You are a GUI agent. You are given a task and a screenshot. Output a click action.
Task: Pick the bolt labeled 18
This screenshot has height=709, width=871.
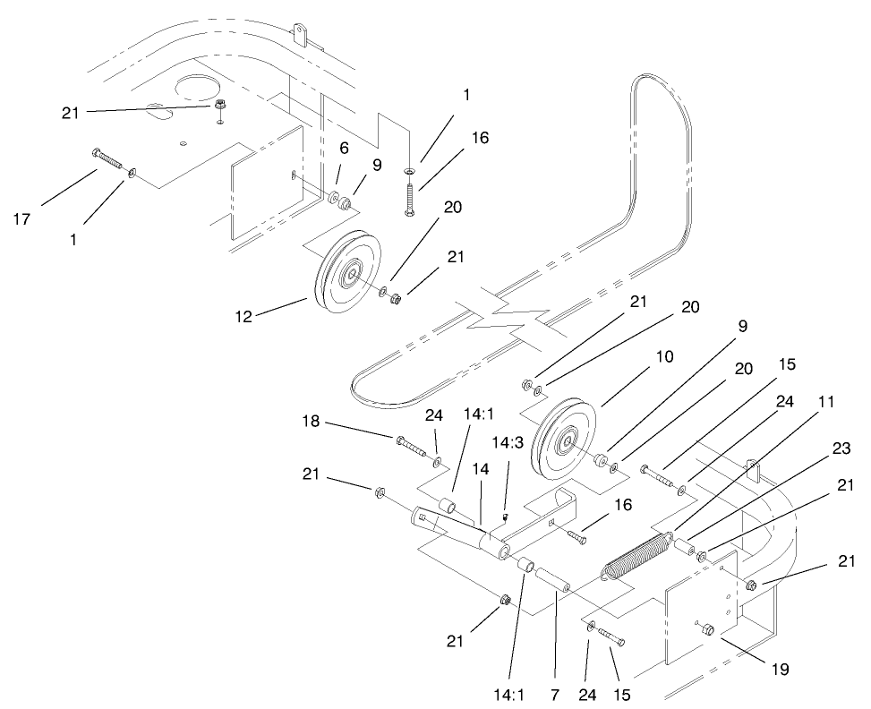pos(415,448)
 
